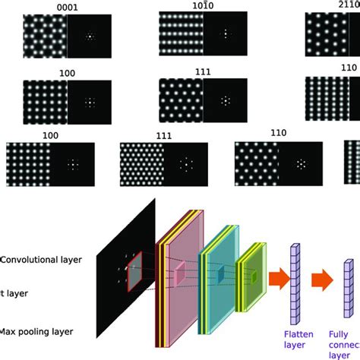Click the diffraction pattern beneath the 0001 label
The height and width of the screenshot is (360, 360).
tap(90, 36)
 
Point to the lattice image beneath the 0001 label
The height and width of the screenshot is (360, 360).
tap(45, 36)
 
